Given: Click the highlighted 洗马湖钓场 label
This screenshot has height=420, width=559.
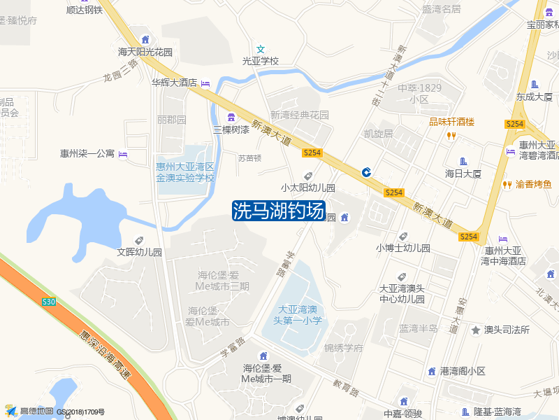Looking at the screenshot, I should (279, 211).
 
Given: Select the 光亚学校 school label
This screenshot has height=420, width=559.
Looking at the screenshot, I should (261, 61).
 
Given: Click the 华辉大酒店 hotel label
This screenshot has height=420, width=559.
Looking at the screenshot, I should (175, 83).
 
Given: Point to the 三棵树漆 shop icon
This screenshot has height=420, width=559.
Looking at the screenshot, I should (231, 116).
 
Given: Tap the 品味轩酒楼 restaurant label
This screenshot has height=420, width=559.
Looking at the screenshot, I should (451, 122).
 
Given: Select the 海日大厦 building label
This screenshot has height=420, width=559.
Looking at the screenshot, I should (463, 173).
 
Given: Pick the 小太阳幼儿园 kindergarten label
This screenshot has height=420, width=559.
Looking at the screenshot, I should (308, 188).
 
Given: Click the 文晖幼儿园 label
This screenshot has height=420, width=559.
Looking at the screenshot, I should (140, 252).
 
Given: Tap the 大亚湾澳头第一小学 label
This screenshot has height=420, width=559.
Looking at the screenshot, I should (298, 314).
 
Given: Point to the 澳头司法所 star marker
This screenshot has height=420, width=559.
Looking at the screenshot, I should (476, 330).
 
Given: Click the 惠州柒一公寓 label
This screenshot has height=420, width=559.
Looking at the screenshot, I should (87, 153).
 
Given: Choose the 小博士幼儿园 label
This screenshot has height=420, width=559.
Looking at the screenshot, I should (403, 248).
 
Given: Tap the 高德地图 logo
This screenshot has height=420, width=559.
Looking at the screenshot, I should (31, 411).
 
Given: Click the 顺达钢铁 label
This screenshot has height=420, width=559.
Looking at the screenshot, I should (85, 10).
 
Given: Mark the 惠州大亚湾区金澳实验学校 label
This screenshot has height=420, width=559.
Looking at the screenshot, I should (185, 172).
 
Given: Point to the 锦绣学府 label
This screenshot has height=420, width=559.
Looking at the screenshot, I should (344, 348).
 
